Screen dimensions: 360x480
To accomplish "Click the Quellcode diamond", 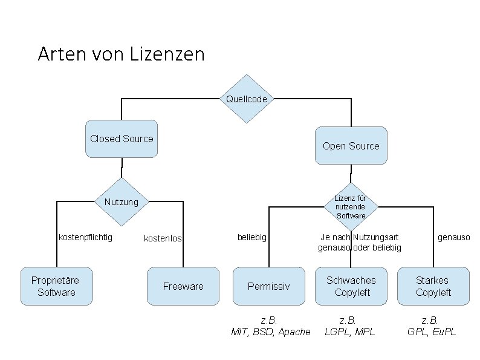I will point(246,99).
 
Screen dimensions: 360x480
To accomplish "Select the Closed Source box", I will point(122,139).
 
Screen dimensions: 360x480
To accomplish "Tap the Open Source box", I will point(351,146).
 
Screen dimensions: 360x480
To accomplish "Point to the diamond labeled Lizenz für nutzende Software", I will point(351,207).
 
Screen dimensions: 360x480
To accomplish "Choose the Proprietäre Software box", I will point(56,286).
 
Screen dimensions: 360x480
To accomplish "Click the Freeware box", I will point(183,286).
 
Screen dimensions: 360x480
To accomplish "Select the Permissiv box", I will point(269,286).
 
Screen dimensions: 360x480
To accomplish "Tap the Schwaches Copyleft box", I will point(351,286).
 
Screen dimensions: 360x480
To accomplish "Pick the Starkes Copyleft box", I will point(433,286).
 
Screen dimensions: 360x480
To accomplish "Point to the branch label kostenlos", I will point(163,239).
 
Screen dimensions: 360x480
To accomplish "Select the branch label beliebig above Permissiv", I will point(252,238).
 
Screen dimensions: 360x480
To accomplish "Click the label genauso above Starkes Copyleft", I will point(453,238).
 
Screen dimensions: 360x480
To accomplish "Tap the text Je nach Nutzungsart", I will point(360,238).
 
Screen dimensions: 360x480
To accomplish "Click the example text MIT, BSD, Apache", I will point(271,332).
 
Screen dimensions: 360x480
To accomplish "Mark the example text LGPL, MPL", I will point(349,332).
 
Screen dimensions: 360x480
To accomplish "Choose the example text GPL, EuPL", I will point(432,332).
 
